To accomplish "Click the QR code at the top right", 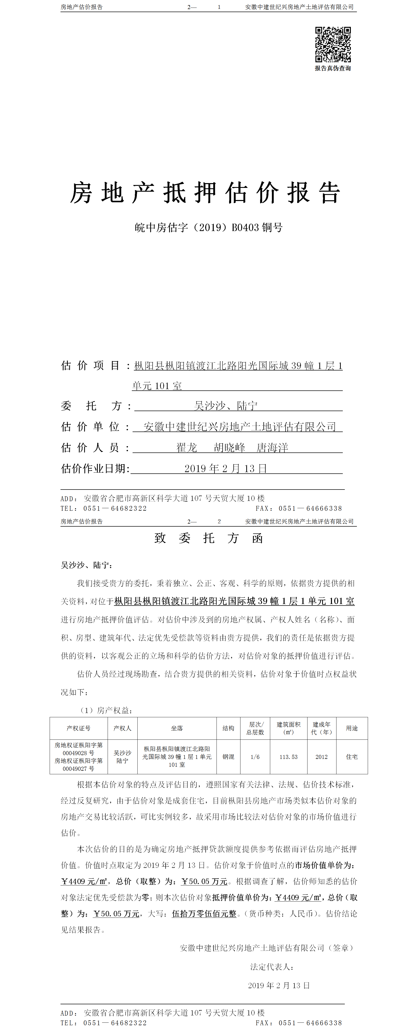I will coord(333,44).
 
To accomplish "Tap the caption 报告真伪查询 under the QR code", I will coord(333,68).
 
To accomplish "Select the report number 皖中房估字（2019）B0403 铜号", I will coord(208,228).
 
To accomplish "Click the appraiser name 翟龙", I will coord(187,447).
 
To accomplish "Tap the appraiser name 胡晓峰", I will coord(230,447).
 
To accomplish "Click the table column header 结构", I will coord(228,728).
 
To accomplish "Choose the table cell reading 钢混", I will coord(228,757).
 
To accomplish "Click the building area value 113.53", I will coord(288,757).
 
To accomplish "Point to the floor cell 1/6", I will coord(255,757).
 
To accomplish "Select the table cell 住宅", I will coord(352,757).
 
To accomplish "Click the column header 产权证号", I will coord(79,728).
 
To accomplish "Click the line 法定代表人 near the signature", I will coord(272,967).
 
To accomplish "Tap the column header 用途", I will coord(352,728).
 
